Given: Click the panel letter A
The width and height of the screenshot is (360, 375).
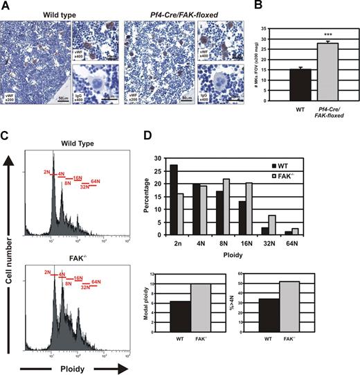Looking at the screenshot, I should pyautogui.click(x=5, y=6).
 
